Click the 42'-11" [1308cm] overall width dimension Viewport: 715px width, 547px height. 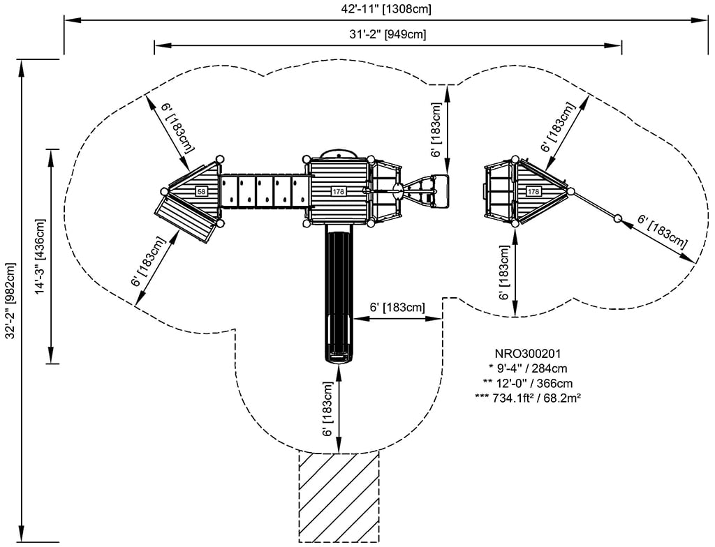383,9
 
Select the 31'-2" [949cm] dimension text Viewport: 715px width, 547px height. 389,34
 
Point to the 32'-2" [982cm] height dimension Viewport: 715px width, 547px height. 10,301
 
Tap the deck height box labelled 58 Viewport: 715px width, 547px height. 201,191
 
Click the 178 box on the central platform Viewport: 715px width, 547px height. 339,191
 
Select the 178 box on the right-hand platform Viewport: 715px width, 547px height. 533,191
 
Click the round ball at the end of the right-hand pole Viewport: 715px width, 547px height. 617,219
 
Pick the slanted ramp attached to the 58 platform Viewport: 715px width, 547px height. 186,218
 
